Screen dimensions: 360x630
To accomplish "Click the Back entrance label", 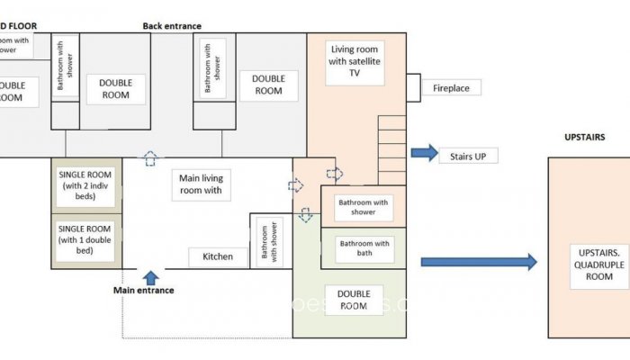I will pyautogui.click(x=172, y=26).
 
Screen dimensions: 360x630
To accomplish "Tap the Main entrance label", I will pyautogui.click(x=143, y=290).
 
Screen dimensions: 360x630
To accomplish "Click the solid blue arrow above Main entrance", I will pyautogui.click(x=150, y=276).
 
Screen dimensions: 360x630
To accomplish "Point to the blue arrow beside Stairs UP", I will pyautogui.click(x=424, y=153).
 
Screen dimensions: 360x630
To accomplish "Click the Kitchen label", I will pyautogui.click(x=218, y=256).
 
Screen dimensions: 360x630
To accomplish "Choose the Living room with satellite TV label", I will pyautogui.click(x=354, y=62).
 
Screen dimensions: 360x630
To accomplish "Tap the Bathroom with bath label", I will pyautogui.click(x=364, y=248).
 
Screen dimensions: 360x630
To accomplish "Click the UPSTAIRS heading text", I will pyautogui.click(x=584, y=138).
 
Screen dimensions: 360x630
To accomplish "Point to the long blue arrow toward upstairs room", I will pyautogui.click(x=478, y=262).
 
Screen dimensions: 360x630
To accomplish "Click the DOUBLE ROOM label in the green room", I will pyautogui.click(x=354, y=300).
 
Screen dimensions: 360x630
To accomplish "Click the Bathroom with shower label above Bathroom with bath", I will pyautogui.click(x=364, y=208).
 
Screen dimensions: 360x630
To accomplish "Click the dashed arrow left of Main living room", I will pyautogui.click(x=150, y=158).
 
